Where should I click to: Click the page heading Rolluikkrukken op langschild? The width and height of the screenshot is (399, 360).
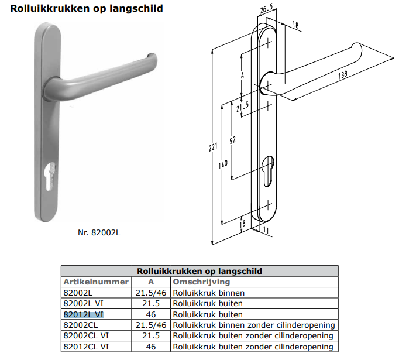click(87, 9)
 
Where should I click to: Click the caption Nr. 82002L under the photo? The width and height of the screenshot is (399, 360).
click(99, 232)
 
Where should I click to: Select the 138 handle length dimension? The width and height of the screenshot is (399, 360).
click(342, 74)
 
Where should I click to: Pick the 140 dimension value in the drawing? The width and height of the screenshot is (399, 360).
click(223, 165)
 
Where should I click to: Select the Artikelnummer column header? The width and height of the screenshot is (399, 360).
click(95, 282)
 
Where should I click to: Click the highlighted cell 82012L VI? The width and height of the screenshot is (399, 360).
click(83, 314)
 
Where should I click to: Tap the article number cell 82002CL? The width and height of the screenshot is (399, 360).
click(81, 325)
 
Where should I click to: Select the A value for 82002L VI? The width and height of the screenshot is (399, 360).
click(150, 303)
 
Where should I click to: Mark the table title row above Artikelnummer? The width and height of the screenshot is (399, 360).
click(199, 271)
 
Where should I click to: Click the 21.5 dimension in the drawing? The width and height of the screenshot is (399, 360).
click(242, 108)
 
